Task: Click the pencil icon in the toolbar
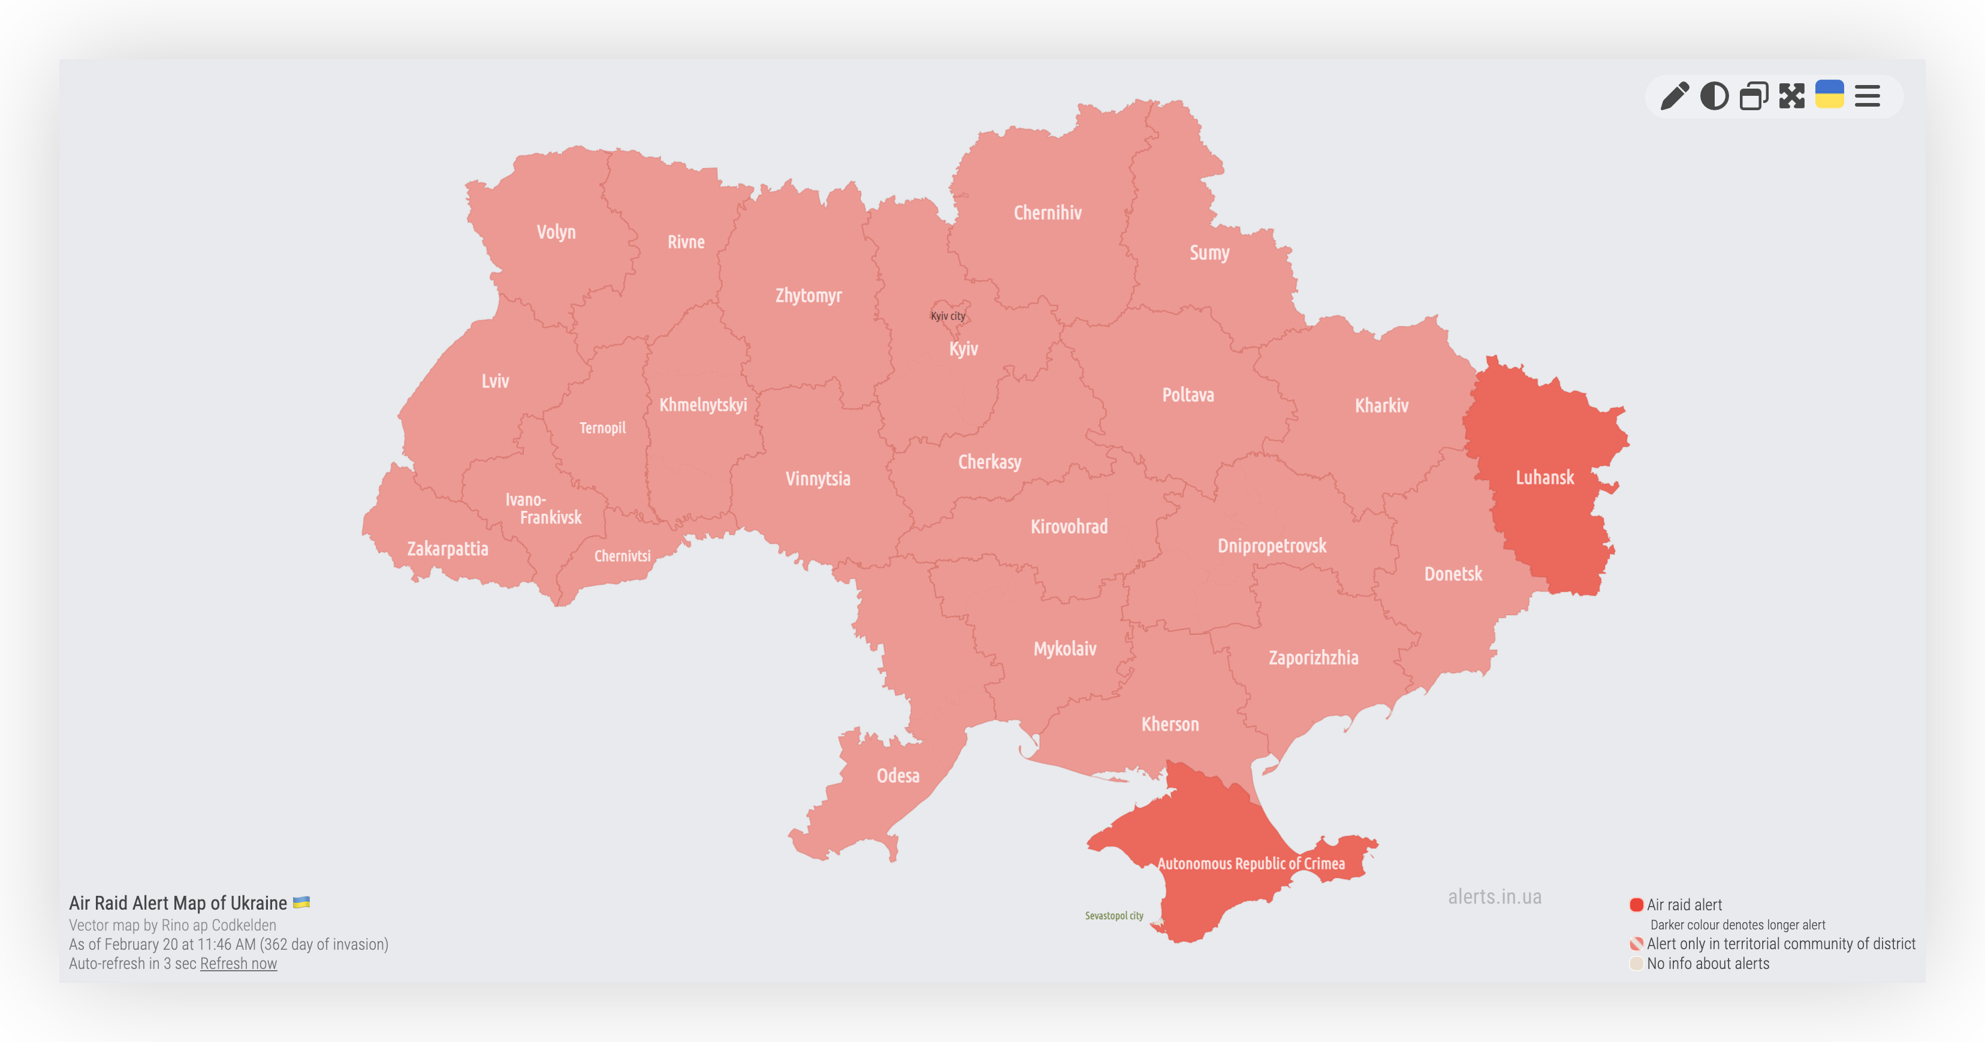[1674, 96]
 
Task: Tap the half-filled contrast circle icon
[1714, 96]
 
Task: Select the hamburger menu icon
[1867, 96]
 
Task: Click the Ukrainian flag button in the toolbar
[1829, 95]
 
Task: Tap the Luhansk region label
[1544, 477]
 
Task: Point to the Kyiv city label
[947, 316]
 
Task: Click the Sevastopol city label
[1114, 916]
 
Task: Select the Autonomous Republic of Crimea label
[1251, 864]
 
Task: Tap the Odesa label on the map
[898, 776]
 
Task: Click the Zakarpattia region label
[447, 549]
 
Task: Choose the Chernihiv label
[1047, 213]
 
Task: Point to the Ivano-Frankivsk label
[543, 508]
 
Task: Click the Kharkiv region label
[1381, 405]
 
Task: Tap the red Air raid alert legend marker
[1636, 905]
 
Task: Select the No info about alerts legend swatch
[1636, 964]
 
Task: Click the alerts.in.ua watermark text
[1494, 897]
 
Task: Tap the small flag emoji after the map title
[301, 902]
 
